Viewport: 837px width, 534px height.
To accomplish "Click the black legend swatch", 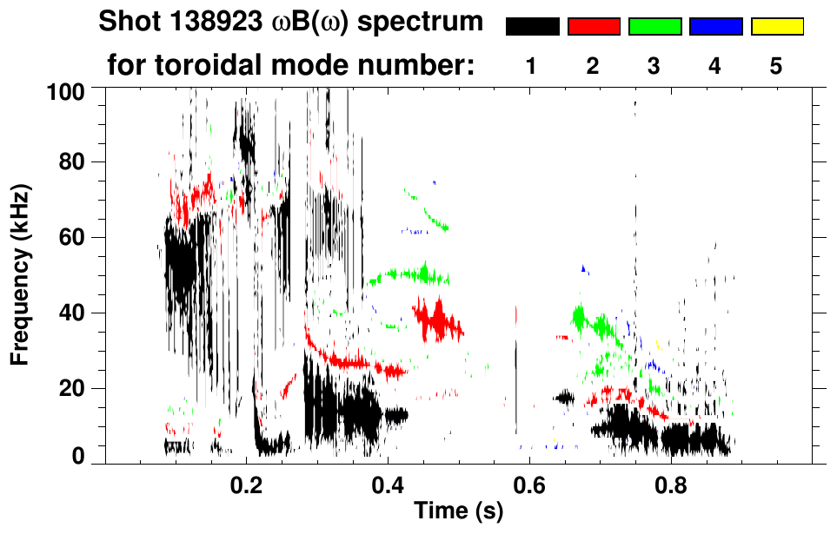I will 533,27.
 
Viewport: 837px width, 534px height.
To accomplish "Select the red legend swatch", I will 594,27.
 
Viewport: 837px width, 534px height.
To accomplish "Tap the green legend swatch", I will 654,27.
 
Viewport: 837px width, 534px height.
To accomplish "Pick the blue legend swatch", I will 715,27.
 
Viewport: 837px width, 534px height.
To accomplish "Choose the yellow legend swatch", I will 777,27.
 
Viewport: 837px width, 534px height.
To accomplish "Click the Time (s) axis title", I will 457,511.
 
